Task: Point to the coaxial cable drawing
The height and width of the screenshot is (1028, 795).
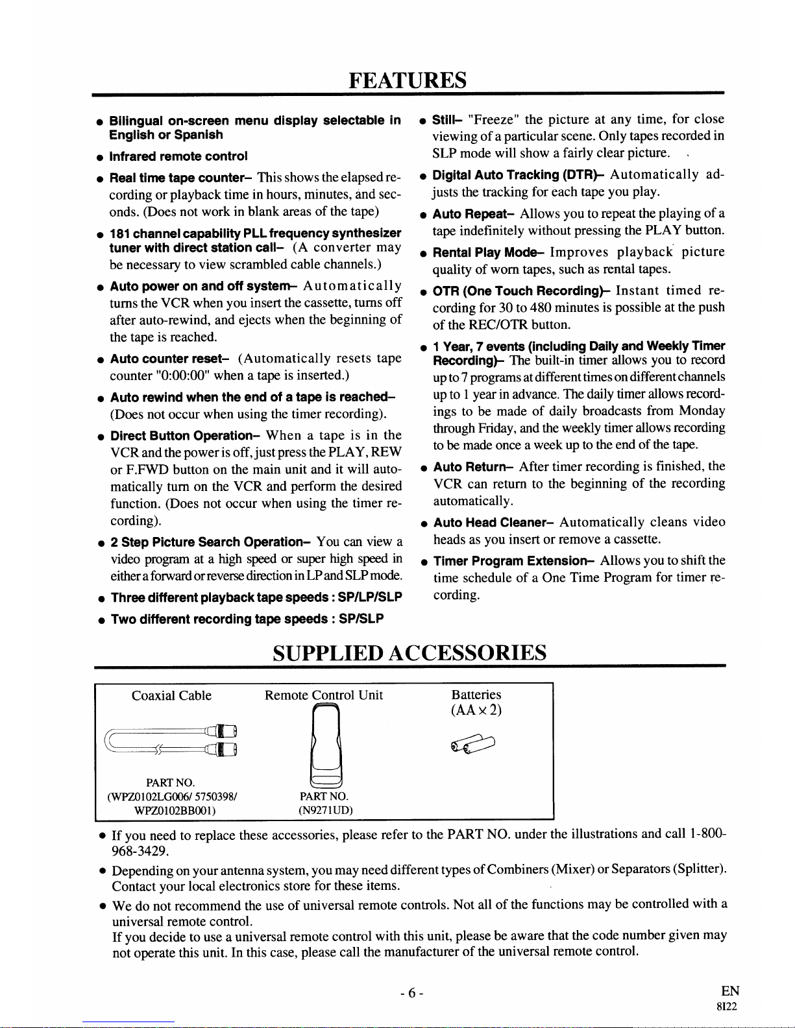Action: [x=171, y=740]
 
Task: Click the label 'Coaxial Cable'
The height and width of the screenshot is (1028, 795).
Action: [x=171, y=695]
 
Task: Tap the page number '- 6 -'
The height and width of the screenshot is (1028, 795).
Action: [x=411, y=993]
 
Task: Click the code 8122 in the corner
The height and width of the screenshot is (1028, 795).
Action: [x=727, y=1007]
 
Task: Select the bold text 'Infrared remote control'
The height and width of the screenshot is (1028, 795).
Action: [x=178, y=156]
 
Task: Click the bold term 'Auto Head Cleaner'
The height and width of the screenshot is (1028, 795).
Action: [x=492, y=522]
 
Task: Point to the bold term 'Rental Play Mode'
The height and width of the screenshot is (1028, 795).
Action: [x=489, y=252]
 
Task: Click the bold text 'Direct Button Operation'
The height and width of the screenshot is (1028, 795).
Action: [x=186, y=435]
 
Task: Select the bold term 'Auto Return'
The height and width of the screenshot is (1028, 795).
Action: [x=474, y=466]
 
